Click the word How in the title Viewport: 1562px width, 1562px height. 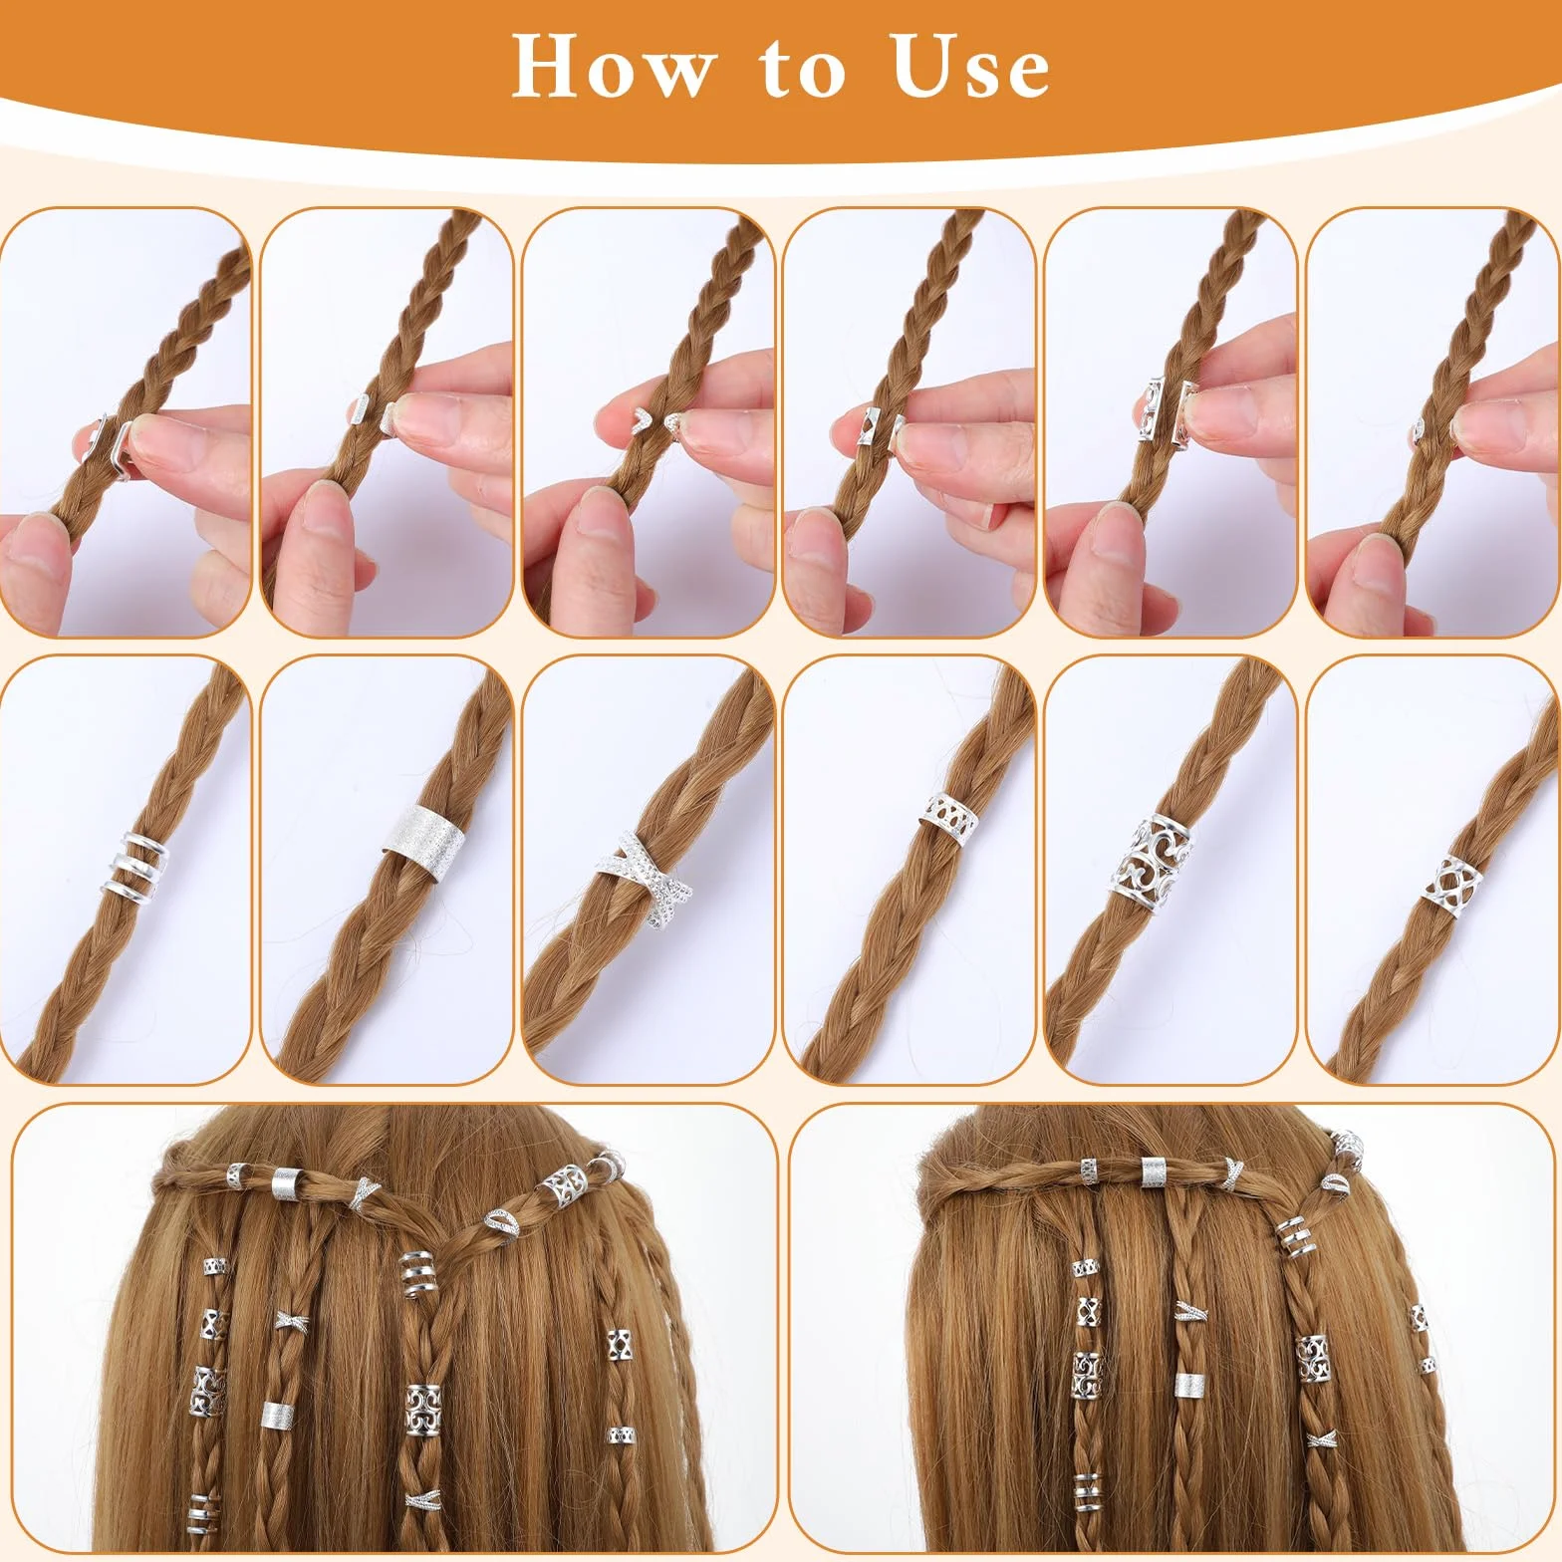tap(614, 67)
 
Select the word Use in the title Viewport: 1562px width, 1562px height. tap(971, 67)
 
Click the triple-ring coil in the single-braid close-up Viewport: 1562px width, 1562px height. tap(133, 861)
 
